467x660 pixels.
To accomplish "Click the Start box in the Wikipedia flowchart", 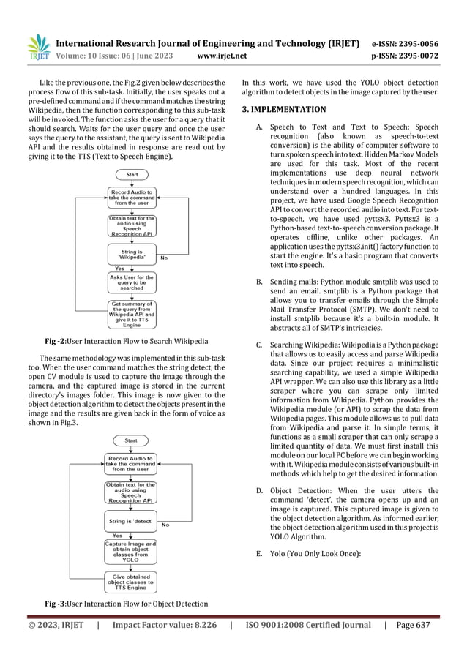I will [x=132, y=175].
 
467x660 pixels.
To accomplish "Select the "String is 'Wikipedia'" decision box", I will [x=132, y=253].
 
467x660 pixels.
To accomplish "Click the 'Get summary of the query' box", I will [x=132, y=315].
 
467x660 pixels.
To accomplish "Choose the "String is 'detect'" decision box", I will [x=132, y=520].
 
